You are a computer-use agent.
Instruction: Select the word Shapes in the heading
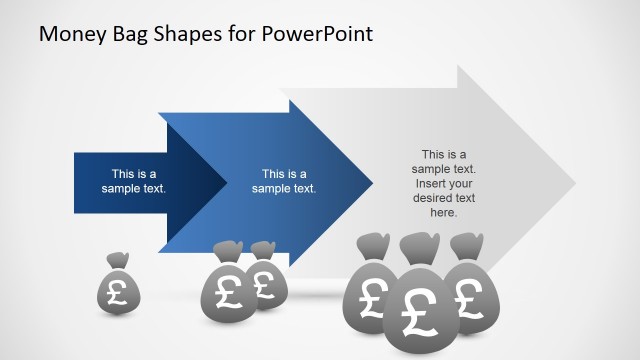click(x=198, y=35)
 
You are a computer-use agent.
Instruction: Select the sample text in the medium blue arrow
click(x=284, y=180)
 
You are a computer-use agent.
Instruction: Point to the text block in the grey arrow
click(x=444, y=183)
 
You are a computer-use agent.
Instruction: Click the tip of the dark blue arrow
click(x=225, y=182)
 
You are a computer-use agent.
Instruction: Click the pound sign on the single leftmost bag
click(x=118, y=293)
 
